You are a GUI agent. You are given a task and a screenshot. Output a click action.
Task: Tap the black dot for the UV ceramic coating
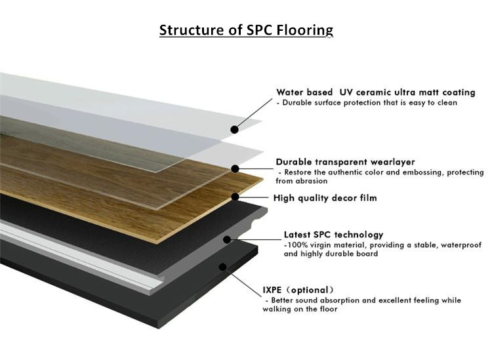click(x=234, y=129)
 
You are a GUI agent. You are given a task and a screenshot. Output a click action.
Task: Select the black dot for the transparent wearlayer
click(x=235, y=169)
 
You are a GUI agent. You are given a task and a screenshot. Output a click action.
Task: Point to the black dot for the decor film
click(x=235, y=197)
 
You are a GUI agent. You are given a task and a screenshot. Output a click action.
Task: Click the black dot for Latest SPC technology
click(x=227, y=239)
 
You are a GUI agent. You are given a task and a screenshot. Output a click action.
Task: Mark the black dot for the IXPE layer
click(x=222, y=267)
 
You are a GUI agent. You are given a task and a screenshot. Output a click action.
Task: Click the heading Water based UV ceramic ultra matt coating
click(x=376, y=92)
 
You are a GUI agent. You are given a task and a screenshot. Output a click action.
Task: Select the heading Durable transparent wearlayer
click(x=345, y=162)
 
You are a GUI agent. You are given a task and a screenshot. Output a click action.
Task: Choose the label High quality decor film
click(x=325, y=198)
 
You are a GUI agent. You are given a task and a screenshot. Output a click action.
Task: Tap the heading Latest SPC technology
click(x=333, y=235)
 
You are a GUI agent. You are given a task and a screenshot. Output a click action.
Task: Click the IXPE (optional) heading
click(x=298, y=290)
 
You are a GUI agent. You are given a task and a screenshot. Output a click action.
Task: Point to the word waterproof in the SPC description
click(x=461, y=245)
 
